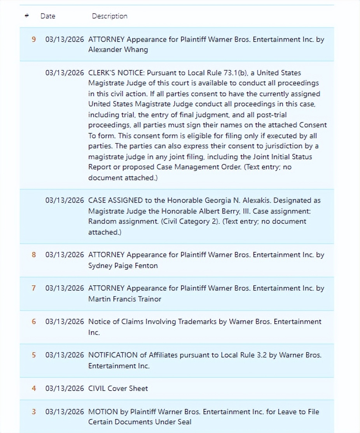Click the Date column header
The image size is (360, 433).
tap(48, 16)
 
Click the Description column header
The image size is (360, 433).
tap(110, 16)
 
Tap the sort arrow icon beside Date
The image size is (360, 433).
tap(26, 16)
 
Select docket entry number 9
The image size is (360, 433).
tap(33, 39)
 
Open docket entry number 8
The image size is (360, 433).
tap(33, 255)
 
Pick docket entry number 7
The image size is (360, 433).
tap(33, 288)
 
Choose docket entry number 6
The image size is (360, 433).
tap(33, 322)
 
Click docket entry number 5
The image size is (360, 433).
tap(33, 355)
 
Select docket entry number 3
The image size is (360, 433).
tap(33, 412)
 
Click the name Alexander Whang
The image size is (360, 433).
tap(118, 50)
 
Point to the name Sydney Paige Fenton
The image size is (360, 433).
tap(123, 266)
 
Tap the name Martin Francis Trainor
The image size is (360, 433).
tap(124, 299)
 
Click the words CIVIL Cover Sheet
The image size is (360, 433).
tap(118, 389)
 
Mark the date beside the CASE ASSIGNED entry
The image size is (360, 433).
tap(64, 201)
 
